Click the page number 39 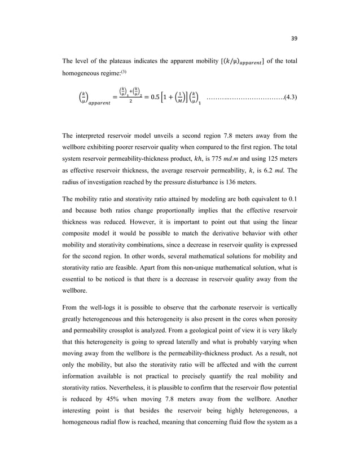(x=293, y=38)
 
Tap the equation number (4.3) (x=291, y=98)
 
